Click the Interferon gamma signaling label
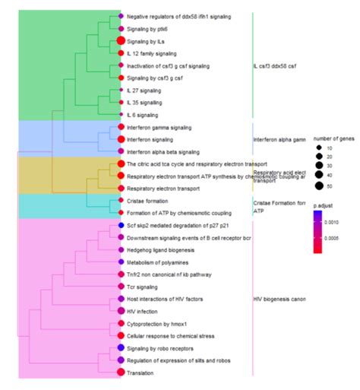[159, 127]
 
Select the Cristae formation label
[149, 201]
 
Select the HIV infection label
[144, 310]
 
